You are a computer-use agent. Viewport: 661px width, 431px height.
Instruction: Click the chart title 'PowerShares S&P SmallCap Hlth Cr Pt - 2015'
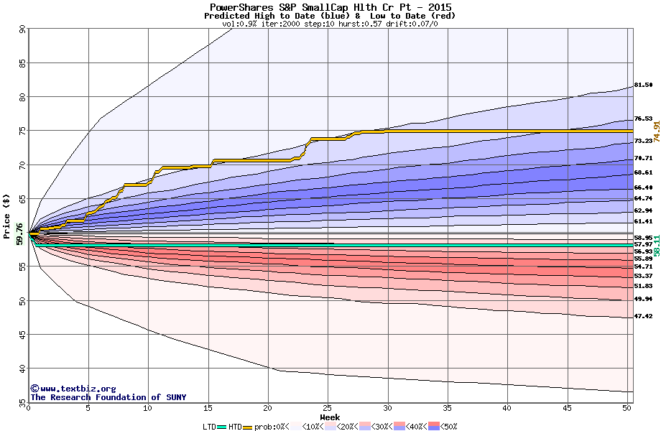tap(330, 6)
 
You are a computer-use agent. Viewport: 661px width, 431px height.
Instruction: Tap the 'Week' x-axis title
tap(330, 417)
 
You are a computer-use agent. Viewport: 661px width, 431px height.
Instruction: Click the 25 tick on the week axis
tap(328, 409)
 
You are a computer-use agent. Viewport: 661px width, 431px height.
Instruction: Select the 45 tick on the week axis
tap(568, 409)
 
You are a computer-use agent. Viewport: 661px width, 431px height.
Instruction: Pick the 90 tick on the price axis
tap(22, 29)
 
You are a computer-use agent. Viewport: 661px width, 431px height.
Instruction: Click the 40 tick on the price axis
tap(22, 369)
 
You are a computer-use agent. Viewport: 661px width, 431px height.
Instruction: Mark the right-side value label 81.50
tap(643, 85)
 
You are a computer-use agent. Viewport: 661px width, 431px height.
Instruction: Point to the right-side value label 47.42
tap(643, 316)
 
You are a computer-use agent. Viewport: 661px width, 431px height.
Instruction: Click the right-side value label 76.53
tap(643, 119)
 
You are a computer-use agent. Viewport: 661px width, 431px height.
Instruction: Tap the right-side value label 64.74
tap(643, 198)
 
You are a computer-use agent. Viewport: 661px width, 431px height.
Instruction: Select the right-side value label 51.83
tap(643, 286)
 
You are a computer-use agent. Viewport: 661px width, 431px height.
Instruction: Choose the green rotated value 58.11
tap(656, 245)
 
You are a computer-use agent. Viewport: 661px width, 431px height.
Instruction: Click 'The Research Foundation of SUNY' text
tap(108, 397)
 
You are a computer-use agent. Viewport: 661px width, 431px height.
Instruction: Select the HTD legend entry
tap(235, 426)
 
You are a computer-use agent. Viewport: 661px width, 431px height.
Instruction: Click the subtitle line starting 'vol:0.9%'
tap(330, 24)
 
